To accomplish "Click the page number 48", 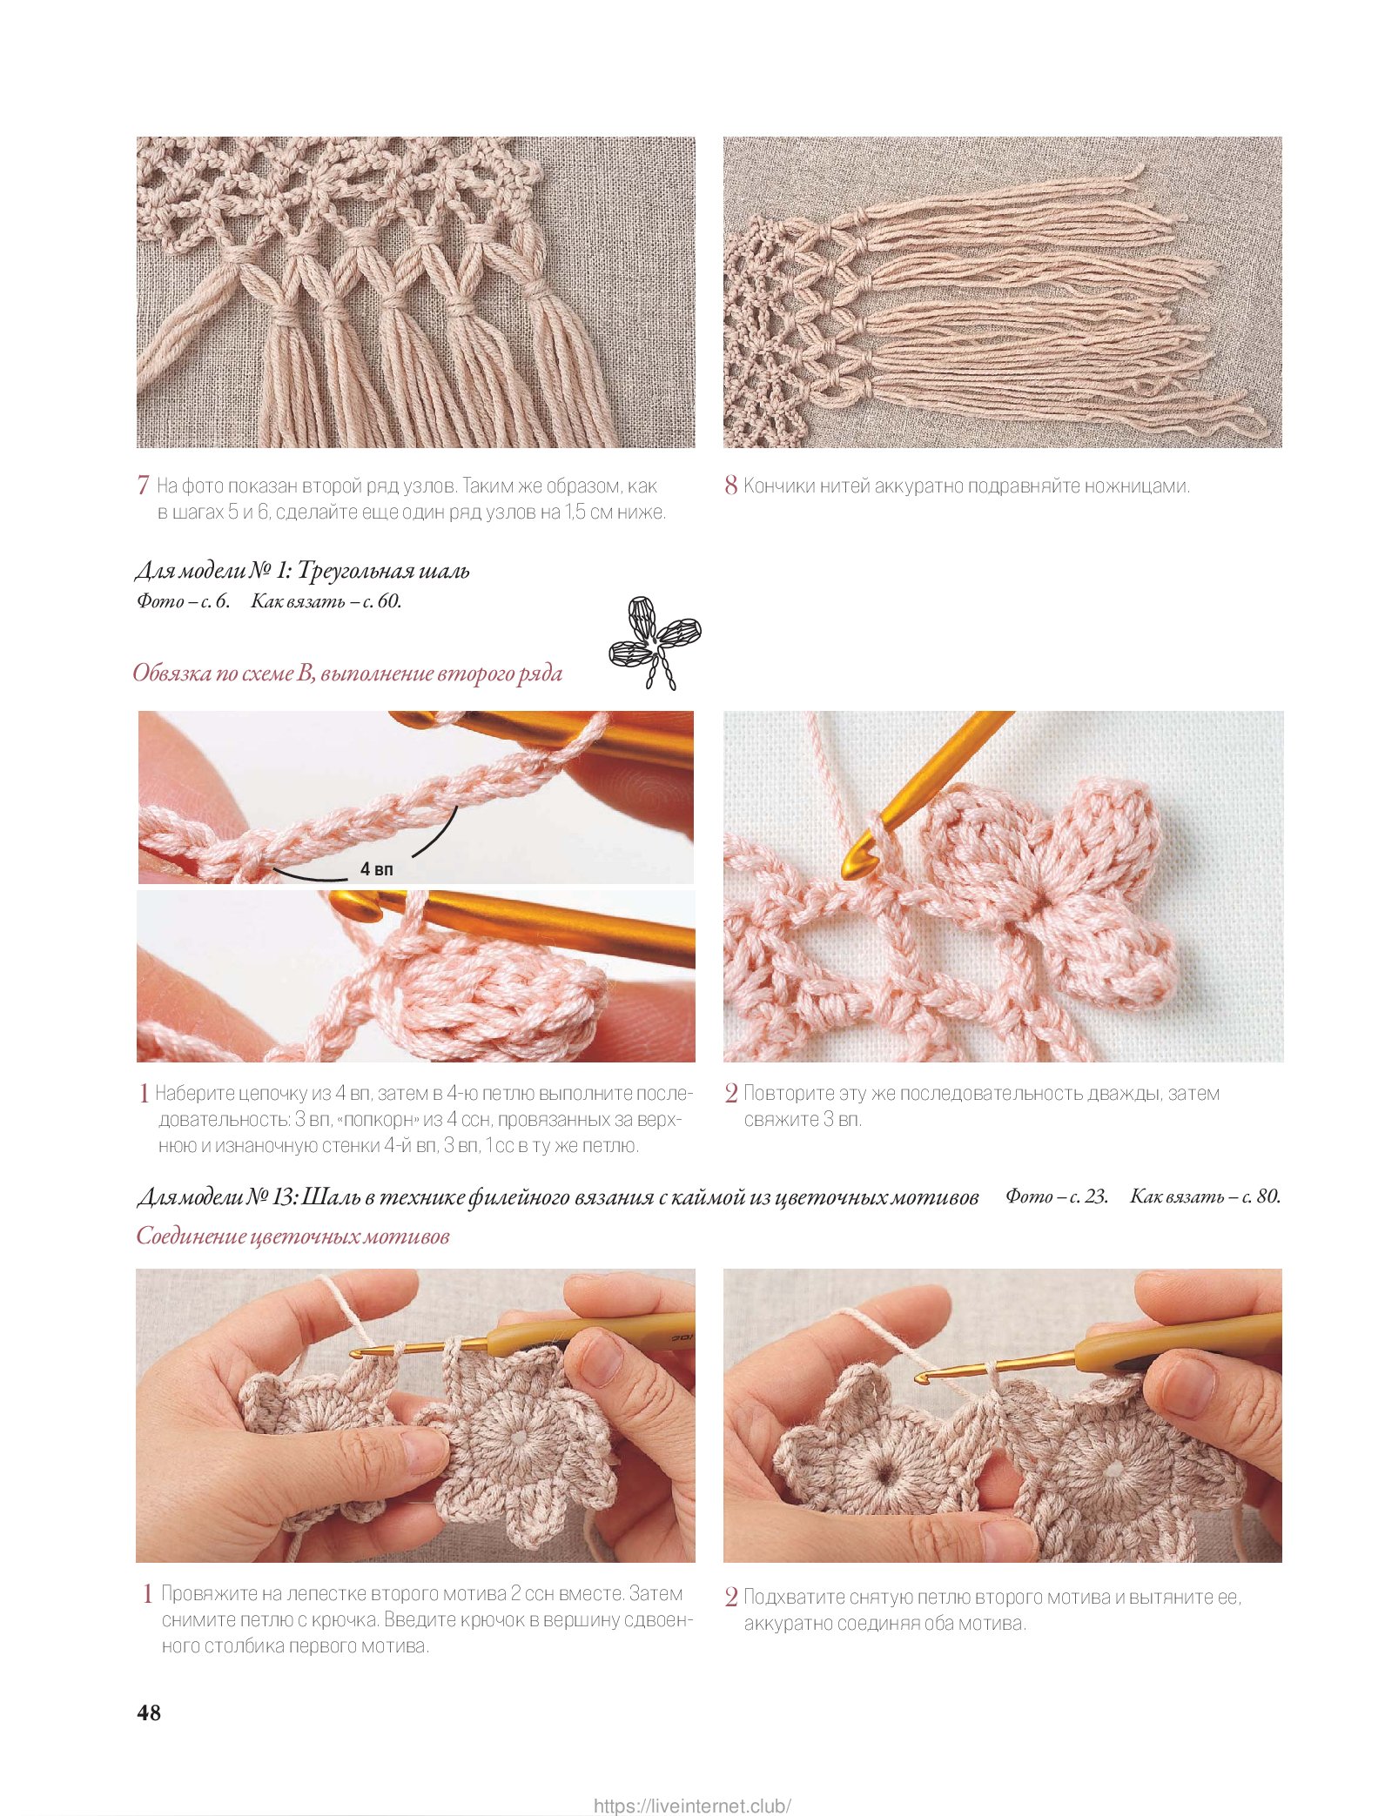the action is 149,1712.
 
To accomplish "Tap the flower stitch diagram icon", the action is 655,642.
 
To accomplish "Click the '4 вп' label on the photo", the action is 377,868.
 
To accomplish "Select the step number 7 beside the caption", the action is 143,486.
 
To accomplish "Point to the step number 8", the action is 731,486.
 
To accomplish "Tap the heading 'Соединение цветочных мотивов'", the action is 292,1236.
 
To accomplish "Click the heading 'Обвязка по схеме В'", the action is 223,673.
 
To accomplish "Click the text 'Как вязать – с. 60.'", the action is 326,600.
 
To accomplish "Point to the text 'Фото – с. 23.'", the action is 1057,1196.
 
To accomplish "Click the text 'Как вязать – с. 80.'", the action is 1206,1196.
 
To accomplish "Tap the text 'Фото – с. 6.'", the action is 183,600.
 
